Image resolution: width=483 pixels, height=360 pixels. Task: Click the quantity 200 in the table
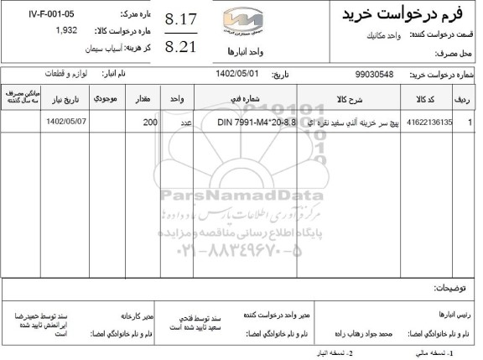150,123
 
